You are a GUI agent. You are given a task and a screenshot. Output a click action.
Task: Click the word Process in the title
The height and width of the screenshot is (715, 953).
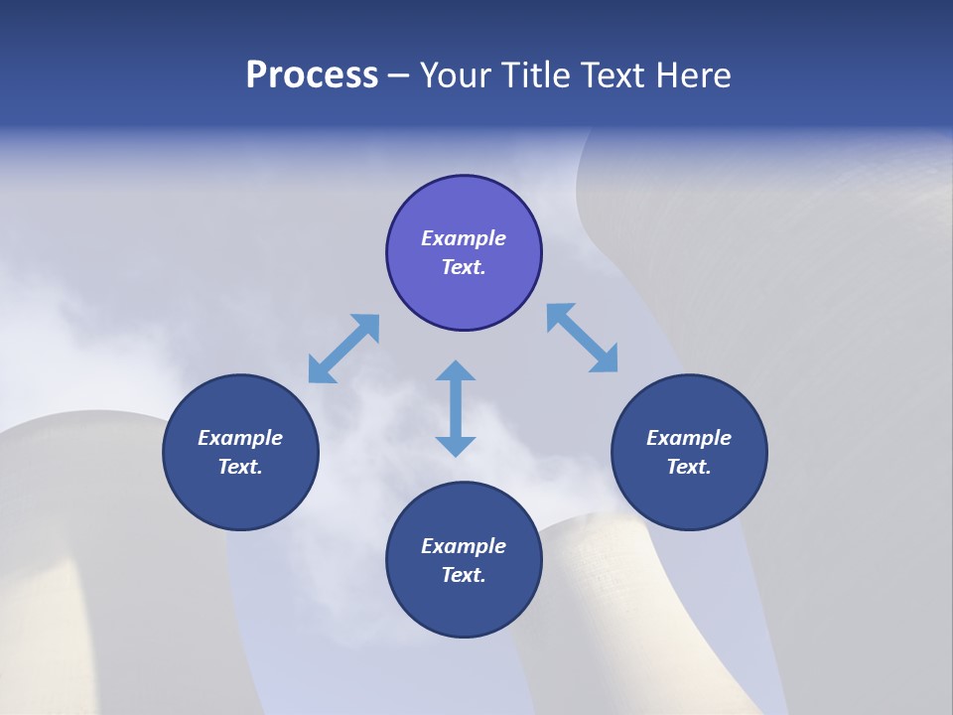(x=312, y=75)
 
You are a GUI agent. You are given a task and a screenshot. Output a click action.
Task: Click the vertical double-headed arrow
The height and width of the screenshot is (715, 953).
(x=456, y=408)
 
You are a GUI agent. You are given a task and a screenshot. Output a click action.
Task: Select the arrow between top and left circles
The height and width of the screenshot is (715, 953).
(x=343, y=349)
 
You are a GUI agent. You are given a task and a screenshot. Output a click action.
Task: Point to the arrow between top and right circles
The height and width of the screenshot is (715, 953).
(x=582, y=338)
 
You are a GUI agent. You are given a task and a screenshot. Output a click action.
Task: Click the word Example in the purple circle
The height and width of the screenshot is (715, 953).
(x=464, y=238)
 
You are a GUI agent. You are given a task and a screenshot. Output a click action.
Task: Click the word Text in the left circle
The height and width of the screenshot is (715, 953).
(x=240, y=467)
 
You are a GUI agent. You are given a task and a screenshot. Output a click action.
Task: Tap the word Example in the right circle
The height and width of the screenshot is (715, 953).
(x=689, y=438)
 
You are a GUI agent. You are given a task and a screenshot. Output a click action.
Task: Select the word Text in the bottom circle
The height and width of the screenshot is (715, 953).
(x=464, y=575)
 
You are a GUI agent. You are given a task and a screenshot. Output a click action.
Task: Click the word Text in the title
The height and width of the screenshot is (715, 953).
(x=615, y=75)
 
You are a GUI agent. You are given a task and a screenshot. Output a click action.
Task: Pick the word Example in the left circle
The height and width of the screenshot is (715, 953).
(x=240, y=438)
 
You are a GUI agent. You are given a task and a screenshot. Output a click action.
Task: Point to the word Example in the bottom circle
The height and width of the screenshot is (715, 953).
(x=464, y=546)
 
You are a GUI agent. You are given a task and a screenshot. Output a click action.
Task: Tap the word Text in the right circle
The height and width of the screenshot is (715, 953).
(x=689, y=467)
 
